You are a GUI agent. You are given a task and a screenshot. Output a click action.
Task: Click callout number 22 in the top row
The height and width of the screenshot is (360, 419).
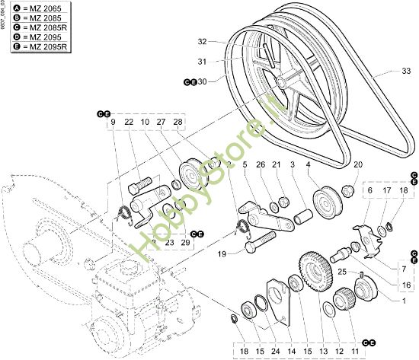click(x=129, y=122)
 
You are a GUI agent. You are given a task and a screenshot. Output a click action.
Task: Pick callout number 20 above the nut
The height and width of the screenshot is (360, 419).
click(x=358, y=164)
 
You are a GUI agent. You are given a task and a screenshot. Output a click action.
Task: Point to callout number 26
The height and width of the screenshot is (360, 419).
click(x=261, y=164)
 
